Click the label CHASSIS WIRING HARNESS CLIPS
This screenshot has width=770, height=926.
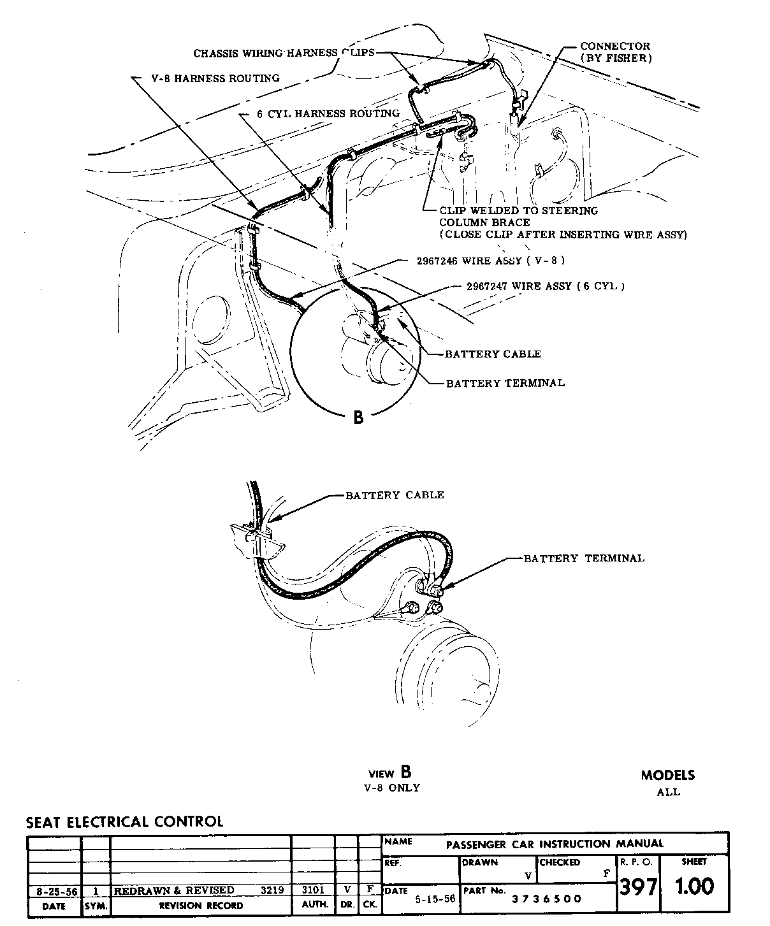coord(284,53)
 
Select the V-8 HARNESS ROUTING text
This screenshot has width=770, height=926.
coord(215,78)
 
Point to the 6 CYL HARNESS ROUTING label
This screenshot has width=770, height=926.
coord(328,113)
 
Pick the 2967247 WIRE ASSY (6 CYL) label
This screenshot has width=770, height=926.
coord(541,286)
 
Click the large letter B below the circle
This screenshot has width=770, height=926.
coord(359,417)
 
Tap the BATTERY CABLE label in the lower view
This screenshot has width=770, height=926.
coord(395,495)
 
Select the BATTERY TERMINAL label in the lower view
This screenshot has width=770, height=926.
coord(584,558)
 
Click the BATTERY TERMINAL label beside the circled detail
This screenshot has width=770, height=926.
coord(505,383)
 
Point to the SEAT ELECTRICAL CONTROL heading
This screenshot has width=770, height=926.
coord(125,821)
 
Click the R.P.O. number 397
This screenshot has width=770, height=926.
coord(638,886)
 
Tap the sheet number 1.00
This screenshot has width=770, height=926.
coord(694,886)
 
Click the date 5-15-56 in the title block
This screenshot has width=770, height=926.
coord(435,899)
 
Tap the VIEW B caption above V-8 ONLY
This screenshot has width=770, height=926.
coord(389,773)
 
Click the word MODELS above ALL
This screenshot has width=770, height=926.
coord(668,776)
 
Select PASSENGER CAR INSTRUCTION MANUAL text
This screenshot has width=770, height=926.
coord(555,844)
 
